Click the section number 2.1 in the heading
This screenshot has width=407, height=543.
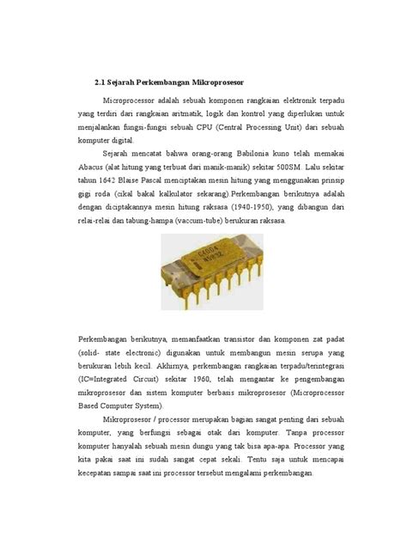pos(100,82)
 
